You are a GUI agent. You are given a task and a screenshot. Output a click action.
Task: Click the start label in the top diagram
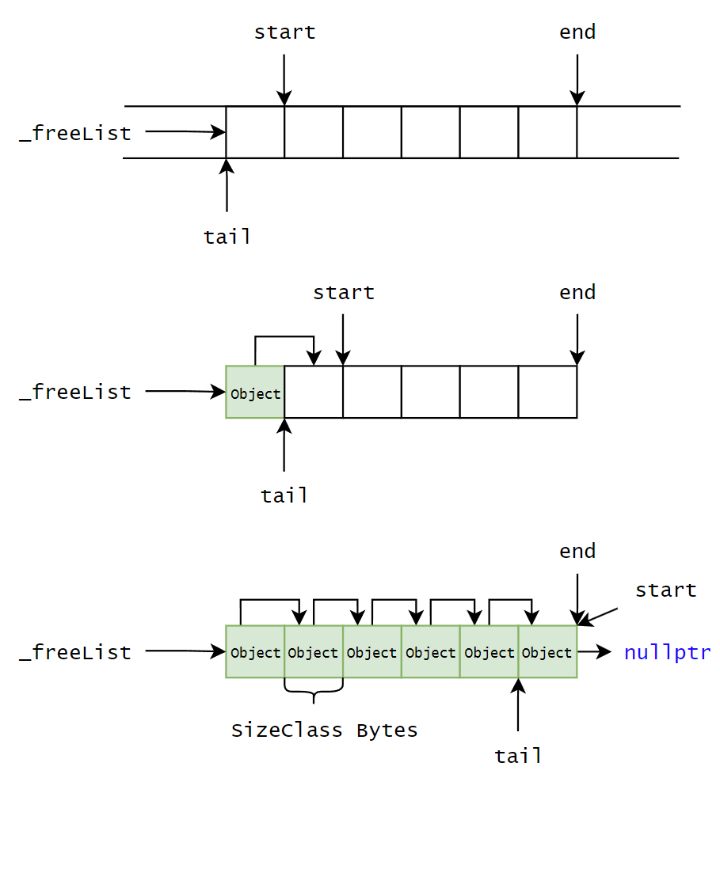pos(284,32)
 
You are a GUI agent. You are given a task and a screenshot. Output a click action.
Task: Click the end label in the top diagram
pos(577,32)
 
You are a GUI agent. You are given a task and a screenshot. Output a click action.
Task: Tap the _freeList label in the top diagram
pos(75,133)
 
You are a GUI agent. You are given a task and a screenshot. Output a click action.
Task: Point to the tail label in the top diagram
pos(227,237)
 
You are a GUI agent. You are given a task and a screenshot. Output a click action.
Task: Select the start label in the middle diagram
pos(343,292)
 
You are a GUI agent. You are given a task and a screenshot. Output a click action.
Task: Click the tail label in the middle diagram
pos(284,495)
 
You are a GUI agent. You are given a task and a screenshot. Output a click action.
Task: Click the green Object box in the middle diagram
pos(255,393)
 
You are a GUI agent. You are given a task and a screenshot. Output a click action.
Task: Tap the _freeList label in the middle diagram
pos(75,392)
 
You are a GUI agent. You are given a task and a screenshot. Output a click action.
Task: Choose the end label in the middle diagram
pos(577,292)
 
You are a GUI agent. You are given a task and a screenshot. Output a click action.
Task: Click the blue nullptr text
pos(667,653)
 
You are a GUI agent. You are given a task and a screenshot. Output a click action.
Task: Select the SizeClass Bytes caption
pos(324,730)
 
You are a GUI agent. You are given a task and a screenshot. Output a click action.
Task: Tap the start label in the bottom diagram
pos(665,590)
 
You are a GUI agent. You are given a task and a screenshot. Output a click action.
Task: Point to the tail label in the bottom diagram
pos(518,756)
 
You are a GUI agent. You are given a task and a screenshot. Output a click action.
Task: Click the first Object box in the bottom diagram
pos(255,652)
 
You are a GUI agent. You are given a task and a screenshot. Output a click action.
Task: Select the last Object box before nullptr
pos(547,652)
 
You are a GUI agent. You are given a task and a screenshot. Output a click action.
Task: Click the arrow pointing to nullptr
pos(594,652)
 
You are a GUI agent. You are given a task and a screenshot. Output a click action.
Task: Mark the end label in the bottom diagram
pos(577,552)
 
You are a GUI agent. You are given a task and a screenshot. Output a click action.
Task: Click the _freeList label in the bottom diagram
pos(75,652)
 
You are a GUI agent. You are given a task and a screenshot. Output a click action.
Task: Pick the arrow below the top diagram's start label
pos(284,79)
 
